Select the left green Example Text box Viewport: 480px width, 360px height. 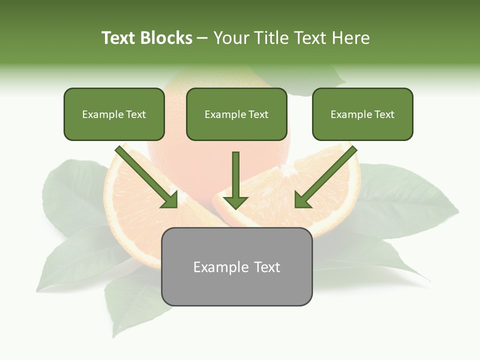(x=114, y=114)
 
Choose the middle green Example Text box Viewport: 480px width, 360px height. (x=236, y=114)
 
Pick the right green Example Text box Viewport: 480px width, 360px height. (x=362, y=114)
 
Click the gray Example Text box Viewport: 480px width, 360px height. (x=236, y=267)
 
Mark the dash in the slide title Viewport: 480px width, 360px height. (x=202, y=38)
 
